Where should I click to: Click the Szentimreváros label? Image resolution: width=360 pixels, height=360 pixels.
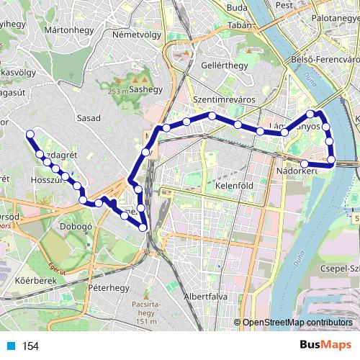pos(221,99)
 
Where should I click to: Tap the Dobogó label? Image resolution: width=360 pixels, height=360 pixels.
pos(74,225)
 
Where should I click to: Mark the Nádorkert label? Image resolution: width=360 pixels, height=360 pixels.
pos(297,171)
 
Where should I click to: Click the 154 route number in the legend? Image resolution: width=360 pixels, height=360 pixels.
pos(30,346)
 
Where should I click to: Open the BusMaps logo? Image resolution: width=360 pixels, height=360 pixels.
pos(325,346)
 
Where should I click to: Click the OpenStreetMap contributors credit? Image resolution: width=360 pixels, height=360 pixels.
pos(297,322)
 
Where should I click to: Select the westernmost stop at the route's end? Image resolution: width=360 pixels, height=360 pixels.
pos(30,134)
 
